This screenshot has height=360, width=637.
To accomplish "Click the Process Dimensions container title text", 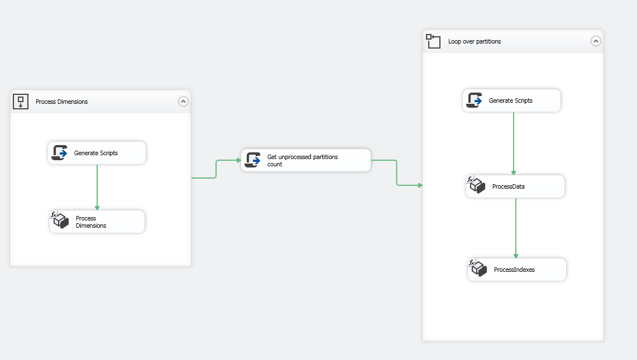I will [x=61, y=102].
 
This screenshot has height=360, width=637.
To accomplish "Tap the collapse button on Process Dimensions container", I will [x=183, y=102].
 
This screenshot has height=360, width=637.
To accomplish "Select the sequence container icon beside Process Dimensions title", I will [x=21, y=102].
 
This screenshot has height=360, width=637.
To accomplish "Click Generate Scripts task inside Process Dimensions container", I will [x=97, y=153].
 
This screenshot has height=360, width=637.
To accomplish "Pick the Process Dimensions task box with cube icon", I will [x=97, y=222].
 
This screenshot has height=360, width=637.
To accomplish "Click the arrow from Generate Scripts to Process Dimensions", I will [x=97, y=187].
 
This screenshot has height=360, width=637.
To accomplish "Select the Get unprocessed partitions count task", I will [x=305, y=160].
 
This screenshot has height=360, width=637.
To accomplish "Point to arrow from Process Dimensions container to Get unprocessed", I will [x=216, y=169].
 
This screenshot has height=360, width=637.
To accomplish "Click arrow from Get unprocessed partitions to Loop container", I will [x=397, y=173].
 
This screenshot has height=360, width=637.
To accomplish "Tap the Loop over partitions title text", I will [x=474, y=41].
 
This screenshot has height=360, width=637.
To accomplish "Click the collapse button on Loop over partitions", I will [x=596, y=41].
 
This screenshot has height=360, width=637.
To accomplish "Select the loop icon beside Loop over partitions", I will [x=433, y=41].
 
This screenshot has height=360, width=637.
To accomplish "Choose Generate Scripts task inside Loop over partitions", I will [x=511, y=100].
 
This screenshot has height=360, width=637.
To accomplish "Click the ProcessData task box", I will [x=515, y=186].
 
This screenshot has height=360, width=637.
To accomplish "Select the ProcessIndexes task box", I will [x=516, y=270].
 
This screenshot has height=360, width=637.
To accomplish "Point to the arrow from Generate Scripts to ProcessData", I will [x=514, y=143].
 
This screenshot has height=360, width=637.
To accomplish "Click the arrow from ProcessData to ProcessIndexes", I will [x=516, y=228].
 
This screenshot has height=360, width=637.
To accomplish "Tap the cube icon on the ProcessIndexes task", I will [x=477, y=268].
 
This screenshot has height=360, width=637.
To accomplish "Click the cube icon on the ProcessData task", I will [x=476, y=185].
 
